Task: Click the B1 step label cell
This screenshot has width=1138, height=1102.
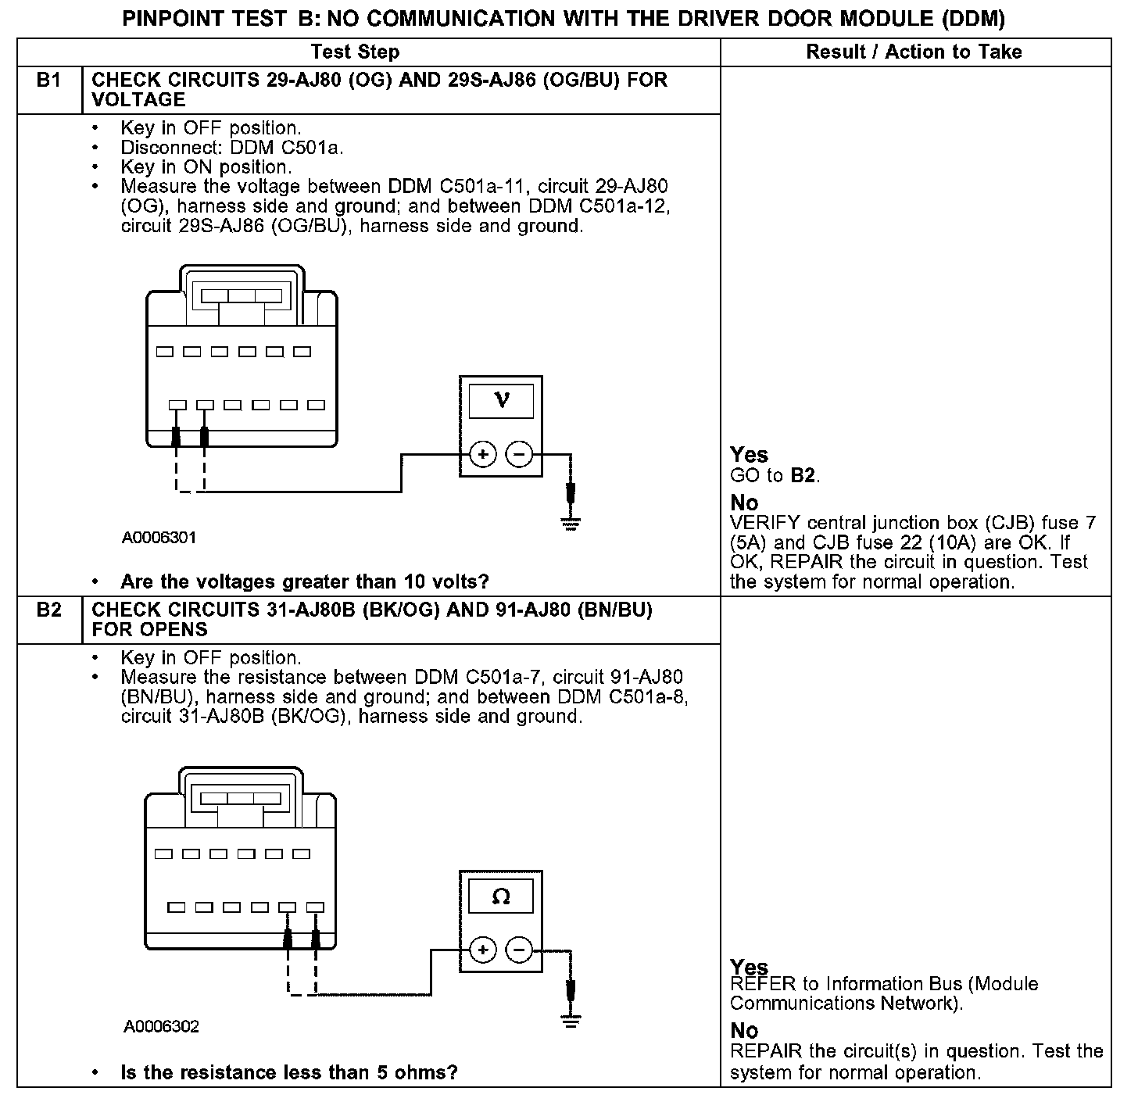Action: [48, 81]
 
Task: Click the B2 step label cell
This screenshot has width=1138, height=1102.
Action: [48, 610]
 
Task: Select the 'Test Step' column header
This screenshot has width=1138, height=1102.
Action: [355, 52]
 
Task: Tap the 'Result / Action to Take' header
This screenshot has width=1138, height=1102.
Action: [914, 52]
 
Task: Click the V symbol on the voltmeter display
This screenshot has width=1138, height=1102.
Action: [501, 401]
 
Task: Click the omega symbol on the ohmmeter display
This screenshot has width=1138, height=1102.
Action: [501, 897]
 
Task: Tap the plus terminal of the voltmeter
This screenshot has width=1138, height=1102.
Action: [483, 454]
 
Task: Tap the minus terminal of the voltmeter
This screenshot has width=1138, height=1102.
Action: [519, 454]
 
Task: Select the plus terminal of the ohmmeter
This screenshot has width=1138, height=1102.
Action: [483, 950]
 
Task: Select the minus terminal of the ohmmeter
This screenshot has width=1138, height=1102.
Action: [519, 950]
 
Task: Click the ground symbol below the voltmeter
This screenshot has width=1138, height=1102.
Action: [572, 522]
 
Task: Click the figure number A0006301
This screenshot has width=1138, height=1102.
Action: [159, 538]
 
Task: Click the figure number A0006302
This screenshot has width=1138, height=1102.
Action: [161, 1026]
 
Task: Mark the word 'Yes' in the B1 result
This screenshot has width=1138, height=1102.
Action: [749, 455]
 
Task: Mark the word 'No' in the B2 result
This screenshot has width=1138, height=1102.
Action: [744, 1031]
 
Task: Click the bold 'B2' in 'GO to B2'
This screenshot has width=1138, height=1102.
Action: [803, 475]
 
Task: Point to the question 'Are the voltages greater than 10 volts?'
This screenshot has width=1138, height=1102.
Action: [304, 581]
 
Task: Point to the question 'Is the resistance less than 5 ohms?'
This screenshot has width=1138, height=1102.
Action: [288, 1072]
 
